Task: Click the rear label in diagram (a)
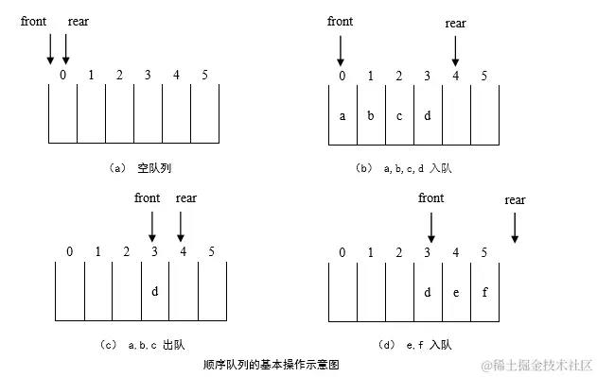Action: click(x=79, y=20)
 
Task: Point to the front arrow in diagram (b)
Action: click(x=342, y=46)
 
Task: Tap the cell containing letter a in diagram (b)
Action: click(x=342, y=116)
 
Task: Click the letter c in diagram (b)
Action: click(x=398, y=116)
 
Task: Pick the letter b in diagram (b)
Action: click(x=370, y=116)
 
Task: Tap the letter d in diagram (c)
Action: click(x=154, y=291)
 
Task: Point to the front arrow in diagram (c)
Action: click(x=152, y=225)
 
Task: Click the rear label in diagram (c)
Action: click(x=186, y=197)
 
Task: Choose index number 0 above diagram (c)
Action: click(x=69, y=250)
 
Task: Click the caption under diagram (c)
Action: click(x=157, y=344)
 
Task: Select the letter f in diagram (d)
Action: click(x=484, y=291)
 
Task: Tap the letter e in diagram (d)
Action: click(x=456, y=291)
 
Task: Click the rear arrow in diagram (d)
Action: click(x=515, y=226)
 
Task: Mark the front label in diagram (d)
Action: click(x=430, y=197)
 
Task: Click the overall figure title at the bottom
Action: click(x=271, y=364)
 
